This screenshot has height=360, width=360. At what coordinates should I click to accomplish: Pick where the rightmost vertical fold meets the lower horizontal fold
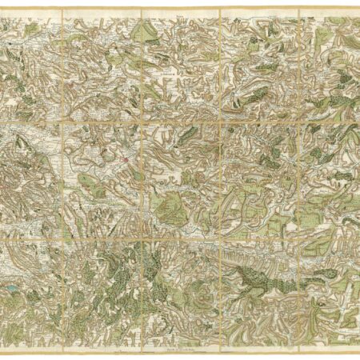pyautogui.click(x=298, y=237)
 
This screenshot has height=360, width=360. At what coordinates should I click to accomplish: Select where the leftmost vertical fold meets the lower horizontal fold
pyautogui.click(x=62, y=237)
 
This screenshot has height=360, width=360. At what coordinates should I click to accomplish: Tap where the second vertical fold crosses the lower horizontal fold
pyautogui.click(x=141, y=237)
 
